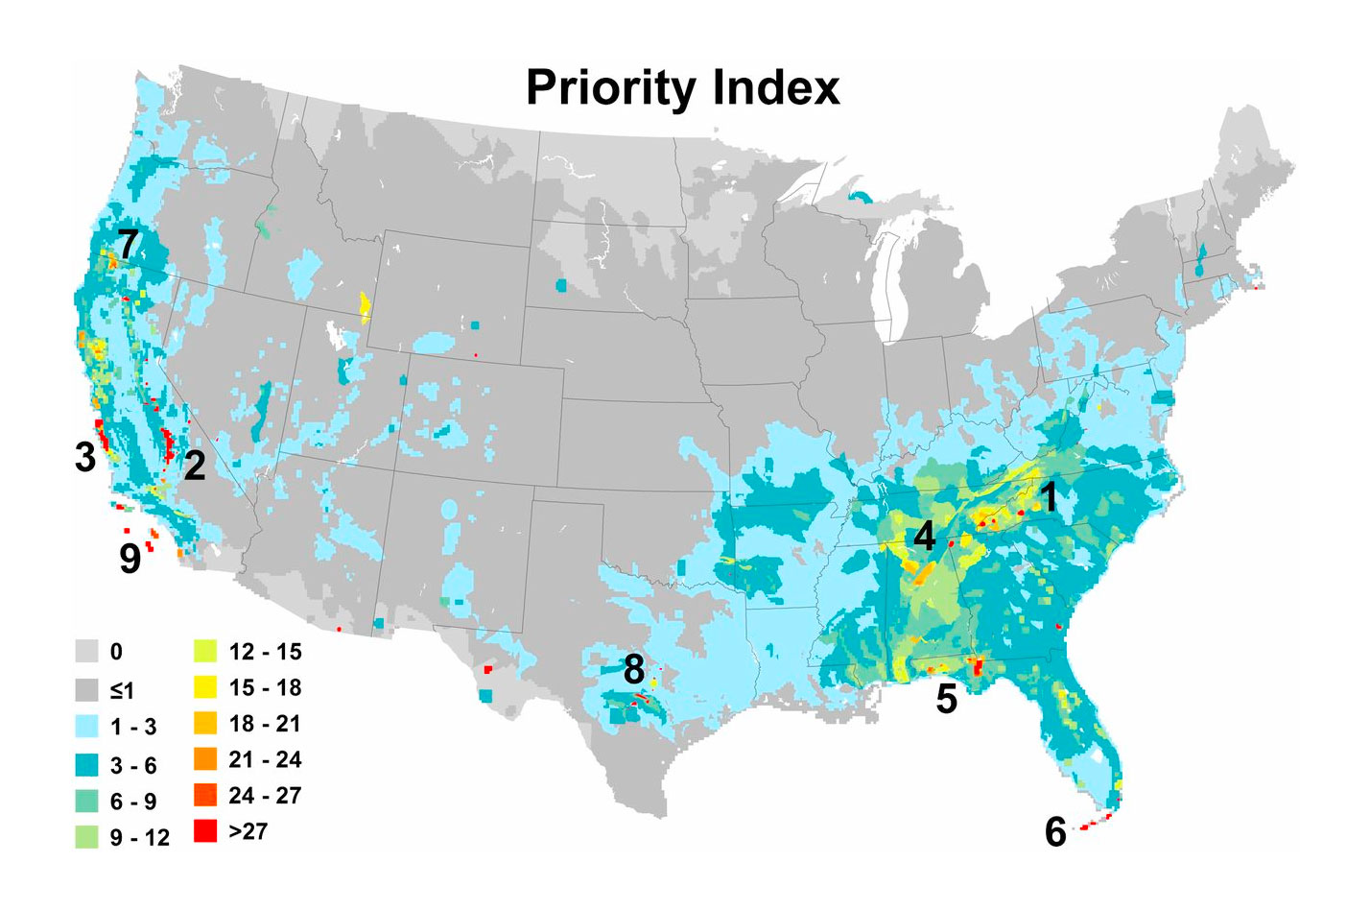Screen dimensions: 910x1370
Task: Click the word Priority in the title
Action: [x=611, y=89]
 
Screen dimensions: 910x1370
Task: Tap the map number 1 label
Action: [x=1049, y=497]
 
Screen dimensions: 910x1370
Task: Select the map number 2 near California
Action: [x=194, y=467]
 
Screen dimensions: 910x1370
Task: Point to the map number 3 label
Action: [x=85, y=457]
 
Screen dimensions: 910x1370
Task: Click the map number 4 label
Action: [x=924, y=536]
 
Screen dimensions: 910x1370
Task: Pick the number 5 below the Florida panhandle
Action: [x=946, y=699]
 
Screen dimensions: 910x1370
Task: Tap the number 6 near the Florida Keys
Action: [x=1055, y=831]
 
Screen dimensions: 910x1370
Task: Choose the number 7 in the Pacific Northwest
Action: [x=128, y=246]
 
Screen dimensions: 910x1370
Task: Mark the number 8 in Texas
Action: [x=633, y=670]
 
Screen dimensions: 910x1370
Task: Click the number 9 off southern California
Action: [x=130, y=559]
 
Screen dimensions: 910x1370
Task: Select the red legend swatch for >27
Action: [x=205, y=831]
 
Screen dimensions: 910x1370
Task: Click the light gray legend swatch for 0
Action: [x=88, y=652]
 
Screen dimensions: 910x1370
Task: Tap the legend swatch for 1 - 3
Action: [x=88, y=727]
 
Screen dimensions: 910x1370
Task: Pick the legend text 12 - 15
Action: [x=265, y=652]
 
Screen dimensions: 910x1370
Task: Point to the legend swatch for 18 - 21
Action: [x=205, y=723]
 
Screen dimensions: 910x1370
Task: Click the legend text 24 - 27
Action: [x=265, y=796]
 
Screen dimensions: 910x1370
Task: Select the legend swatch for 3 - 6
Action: [x=88, y=764]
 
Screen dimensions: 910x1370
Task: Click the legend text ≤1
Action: [x=122, y=690]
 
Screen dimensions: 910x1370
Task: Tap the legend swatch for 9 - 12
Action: [x=88, y=837]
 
